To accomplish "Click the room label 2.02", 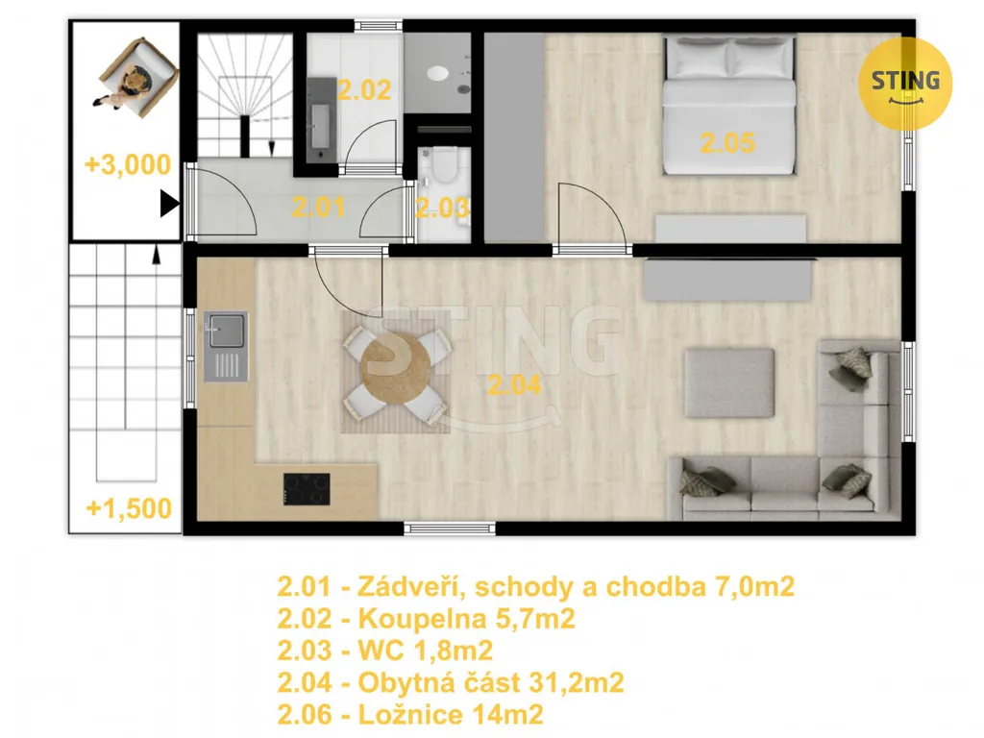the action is pyautogui.click(x=364, y=90).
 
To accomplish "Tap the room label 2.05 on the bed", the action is pyautogui.click(x=727, y=143).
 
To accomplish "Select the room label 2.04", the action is pyautogui.click(x=515, y=384).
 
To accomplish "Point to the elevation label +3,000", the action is pyautogui.click(x=128, y=164).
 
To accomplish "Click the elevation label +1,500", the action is pyautogui.click(x=129, y=508).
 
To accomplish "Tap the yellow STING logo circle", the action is pyautogui.click(x=905, y=84).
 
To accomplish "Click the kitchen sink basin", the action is pyautogui.click(x=227, y=331).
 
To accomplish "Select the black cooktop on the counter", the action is pyautogui.click(x=307, y=489).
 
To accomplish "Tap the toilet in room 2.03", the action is pyautogui.click(x=444, y=165).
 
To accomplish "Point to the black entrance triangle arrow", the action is pyautogui.click(x=169, y=204).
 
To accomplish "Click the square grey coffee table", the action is pyautogui.click(x=729, y=382).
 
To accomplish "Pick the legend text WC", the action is pyautogui.click(x=381, y=651).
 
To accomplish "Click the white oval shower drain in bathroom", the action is pyautogui.click(x=438, y=73).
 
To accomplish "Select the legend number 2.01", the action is pyautogui.click(x=304, y=587).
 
